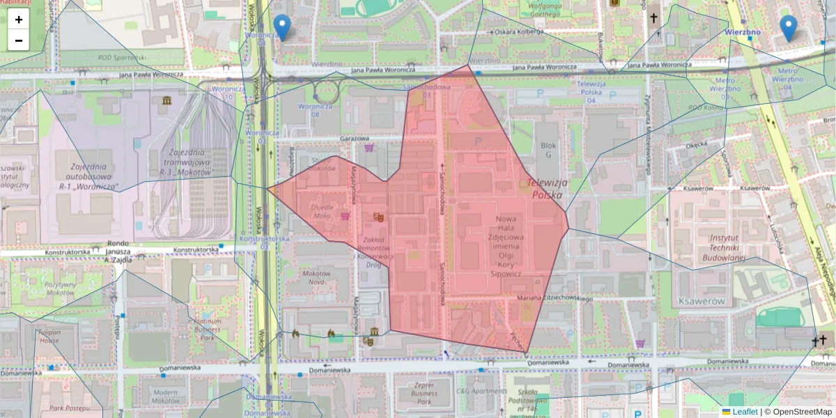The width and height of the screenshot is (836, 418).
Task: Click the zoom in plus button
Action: pyautogui.click(x=19, y=20)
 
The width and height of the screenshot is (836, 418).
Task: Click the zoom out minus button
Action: pyautogui.click(x=19, y=40)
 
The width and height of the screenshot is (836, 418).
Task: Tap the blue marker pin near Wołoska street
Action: pyautogui.click(x=281, y=27)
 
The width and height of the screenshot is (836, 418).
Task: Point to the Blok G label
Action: pyautogui.click(x=548, y=150)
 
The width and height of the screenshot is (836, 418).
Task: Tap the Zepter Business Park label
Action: pyautogui.click(x=424, y=392)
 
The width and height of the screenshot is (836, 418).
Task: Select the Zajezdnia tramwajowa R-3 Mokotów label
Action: pyautogui.click(x=180, y=162)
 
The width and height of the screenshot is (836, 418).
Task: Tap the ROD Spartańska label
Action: pyautogui.click(x=121, y=58)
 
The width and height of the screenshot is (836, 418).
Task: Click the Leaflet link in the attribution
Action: pyautogui.click(x=744, y=412)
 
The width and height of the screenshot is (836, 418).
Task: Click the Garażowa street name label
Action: pyautogui.click(x=353, y=138)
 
